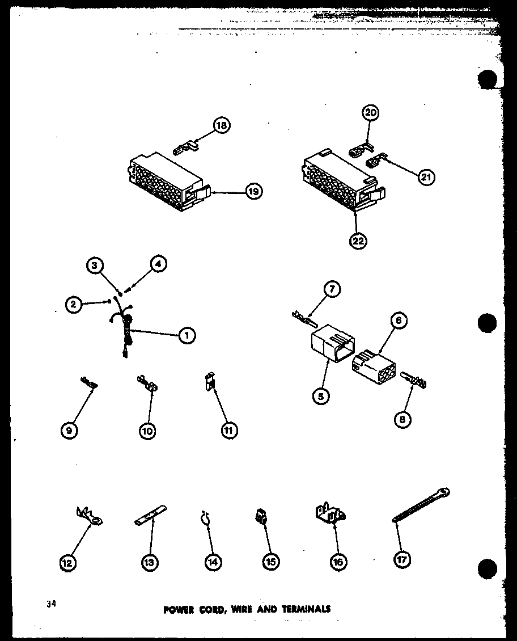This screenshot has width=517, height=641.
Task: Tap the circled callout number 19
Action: click(253, 192)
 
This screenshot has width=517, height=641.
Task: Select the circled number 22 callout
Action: click(358, 241)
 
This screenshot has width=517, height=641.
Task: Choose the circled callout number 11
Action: click(229, 431)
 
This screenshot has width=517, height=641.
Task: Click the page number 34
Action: click(52, 604)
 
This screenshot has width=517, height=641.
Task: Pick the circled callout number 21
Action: click(426, 178)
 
